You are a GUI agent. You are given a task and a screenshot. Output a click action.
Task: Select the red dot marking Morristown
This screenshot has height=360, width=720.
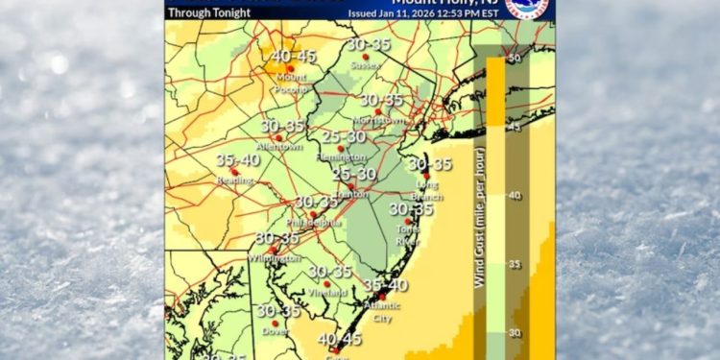click(378, 111)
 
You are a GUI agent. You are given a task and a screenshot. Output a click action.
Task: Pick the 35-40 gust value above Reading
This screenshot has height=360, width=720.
click(237, 160)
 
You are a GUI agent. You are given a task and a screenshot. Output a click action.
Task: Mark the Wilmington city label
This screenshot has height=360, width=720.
click(277, 258)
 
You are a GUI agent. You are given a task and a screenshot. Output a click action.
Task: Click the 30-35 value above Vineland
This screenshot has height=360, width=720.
click(330, 272)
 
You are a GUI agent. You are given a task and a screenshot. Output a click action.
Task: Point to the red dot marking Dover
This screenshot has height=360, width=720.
click(275, 323)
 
